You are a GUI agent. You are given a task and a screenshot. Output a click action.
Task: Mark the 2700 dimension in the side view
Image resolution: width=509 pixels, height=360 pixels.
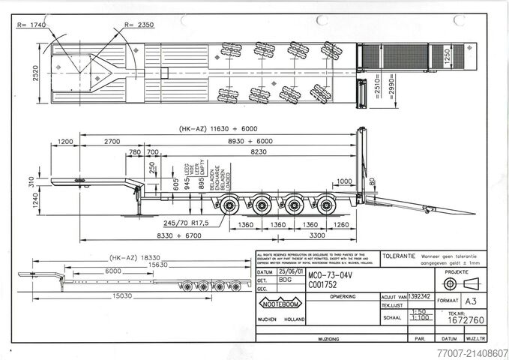(x=112, y=141)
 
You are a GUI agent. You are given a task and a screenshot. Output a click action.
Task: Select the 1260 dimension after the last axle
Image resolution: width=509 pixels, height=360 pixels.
(x=340, y=223)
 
